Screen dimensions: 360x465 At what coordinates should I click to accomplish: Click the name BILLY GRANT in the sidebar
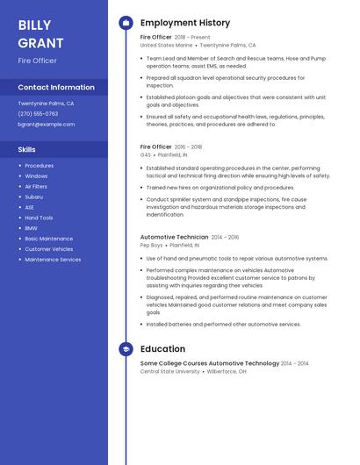coord(40,33)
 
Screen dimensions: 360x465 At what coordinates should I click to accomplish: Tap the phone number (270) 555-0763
coord(38,113)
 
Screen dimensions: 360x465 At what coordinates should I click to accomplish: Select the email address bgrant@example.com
coord(47,124)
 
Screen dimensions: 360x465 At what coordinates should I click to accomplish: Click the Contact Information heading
coord(56,87)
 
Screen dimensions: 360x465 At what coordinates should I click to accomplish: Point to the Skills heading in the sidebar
coord(26,149)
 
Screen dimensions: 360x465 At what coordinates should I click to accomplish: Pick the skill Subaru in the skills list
coord(33,197)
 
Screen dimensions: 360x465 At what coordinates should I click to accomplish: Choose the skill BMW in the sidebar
coord(31,228)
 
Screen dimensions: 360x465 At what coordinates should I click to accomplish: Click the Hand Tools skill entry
coord(39,218)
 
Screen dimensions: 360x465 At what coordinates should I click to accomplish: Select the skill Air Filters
coord(36,186)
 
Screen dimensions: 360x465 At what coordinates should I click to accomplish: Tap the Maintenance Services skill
coord(53,260)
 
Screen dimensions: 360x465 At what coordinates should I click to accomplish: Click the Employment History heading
coord(185,23)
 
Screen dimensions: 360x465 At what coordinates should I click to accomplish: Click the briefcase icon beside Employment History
coord(126,23)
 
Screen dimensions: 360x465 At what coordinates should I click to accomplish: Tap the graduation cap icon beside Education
coord(126,349)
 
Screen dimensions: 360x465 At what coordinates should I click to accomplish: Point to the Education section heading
coord(162,349)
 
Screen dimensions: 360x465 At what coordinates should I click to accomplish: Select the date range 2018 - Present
coord(192,38)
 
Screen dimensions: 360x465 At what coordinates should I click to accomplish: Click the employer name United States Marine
coord(166,45)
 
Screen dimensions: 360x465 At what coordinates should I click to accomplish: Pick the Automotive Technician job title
coord(174,237)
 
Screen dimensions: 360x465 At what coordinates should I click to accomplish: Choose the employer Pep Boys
coord(152,245)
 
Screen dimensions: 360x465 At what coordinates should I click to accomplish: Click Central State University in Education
coord(169,371)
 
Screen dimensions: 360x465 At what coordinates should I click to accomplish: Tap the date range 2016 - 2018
coord(188,147)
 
